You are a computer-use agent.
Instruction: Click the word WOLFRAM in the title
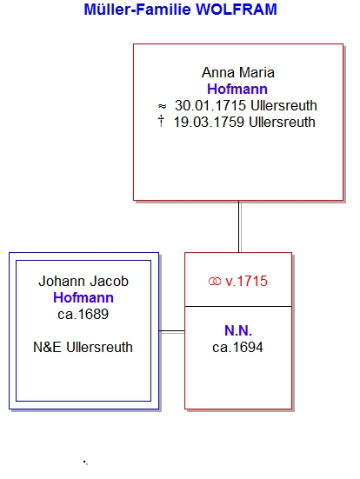(237, 10)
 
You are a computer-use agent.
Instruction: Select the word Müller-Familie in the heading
(137, 10)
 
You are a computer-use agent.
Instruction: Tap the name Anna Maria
(238, 73)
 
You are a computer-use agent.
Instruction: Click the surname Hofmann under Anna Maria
(237, 90)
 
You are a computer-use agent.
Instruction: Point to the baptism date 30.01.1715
(210, 106)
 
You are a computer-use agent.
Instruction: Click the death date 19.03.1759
(209, 123)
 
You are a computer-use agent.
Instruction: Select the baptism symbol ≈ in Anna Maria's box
(162, 106)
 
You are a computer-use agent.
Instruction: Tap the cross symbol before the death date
(161, 122)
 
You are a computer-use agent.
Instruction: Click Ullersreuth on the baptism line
(283, 106)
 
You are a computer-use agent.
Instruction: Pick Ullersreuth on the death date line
(282, 123)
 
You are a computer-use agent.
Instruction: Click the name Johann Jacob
(83, 282)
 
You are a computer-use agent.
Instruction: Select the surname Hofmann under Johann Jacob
(83, 298)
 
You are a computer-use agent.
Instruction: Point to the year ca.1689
(83, 315)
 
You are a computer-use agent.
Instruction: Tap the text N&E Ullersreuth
(83, 348)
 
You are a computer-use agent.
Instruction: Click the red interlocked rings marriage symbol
(215, 282)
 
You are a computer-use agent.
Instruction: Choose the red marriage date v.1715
(246, 282)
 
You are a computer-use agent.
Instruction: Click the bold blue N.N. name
(238, 331)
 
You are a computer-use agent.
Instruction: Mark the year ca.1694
(237, 348)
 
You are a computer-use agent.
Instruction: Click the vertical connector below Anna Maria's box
(239, 227)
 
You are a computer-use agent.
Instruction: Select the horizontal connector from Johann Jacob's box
(172, 331)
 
